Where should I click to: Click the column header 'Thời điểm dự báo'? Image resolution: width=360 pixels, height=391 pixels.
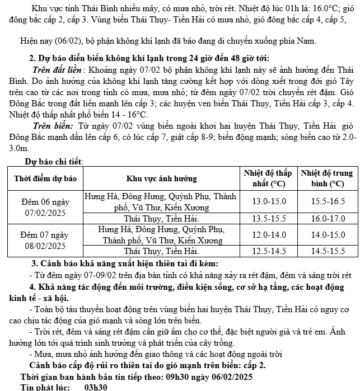click(x=44, y=178)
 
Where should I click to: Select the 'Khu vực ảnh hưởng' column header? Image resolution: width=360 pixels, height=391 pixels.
click(x=160, y=178)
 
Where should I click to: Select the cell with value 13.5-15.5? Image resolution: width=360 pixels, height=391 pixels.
click(x=268, y=219)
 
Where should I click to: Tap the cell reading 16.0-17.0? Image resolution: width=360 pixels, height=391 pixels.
click(x=327, y=219)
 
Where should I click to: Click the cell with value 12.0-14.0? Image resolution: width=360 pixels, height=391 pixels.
click(x=268, y=235)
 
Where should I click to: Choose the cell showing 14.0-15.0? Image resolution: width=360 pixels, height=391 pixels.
click(x=327, y=235)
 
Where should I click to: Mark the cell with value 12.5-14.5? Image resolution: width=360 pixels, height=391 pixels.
click(x=268, y=251)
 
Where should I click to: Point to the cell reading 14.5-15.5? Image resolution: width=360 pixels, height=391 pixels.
click(x=327, y=251)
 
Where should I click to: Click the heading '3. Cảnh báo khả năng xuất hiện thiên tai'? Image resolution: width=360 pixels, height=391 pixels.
click(x=124, y=263)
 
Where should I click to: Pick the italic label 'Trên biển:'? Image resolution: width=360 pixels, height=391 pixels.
click(x=53, y=127)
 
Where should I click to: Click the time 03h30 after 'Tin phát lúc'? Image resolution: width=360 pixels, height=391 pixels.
click(x=96, y=387)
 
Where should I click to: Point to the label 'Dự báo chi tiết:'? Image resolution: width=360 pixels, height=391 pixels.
click(x=54, y=162)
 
